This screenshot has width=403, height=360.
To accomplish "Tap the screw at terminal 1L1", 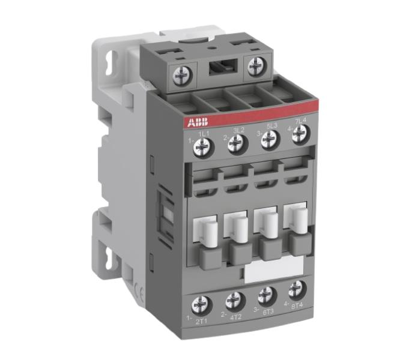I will (x=204, y=145).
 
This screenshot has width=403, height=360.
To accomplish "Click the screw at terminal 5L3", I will (x=268, y=139).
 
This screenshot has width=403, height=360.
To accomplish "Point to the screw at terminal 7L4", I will (x=298, y=136).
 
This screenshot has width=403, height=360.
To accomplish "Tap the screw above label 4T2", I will (x=232, y=299).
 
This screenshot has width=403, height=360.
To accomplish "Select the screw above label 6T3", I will (x=265, y=295).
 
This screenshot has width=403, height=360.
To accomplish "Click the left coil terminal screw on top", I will (x=180, y=76).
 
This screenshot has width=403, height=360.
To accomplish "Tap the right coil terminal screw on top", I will (x=255, y=65).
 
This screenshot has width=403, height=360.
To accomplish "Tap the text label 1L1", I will (x=204, y=132).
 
